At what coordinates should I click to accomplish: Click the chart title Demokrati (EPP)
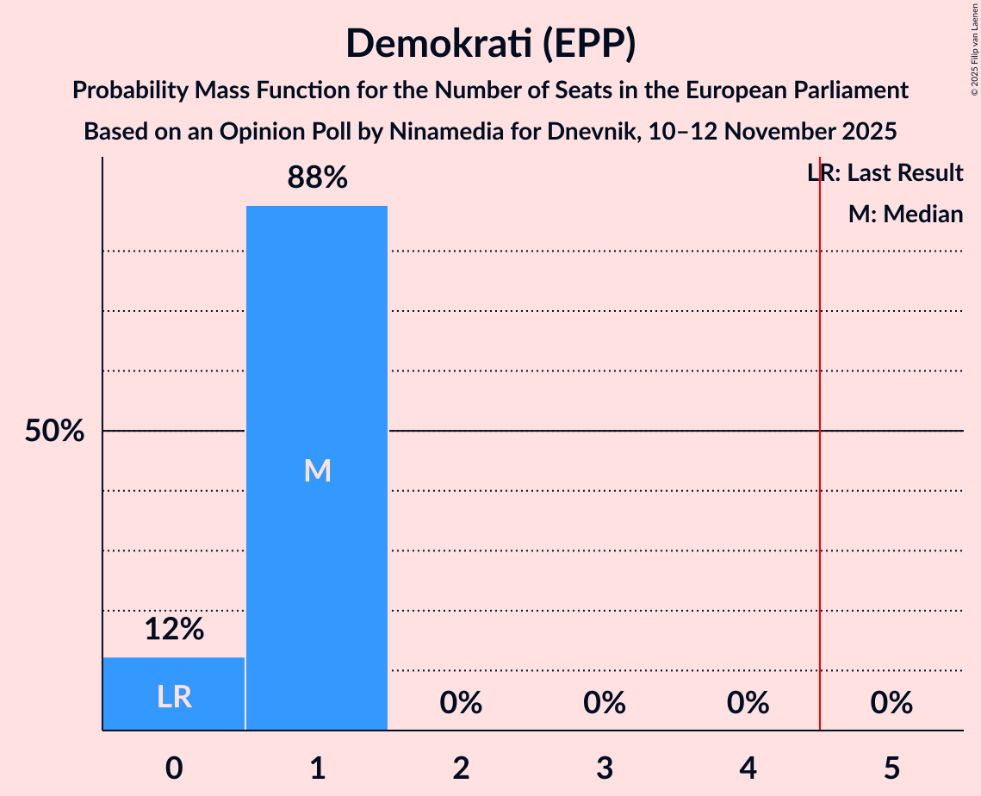490,44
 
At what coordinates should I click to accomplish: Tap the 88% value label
317,178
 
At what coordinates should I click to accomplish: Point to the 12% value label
174,630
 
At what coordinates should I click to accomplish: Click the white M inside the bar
317,470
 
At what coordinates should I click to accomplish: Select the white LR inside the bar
174,697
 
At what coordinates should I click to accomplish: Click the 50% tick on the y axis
54,432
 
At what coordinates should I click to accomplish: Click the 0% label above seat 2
461,704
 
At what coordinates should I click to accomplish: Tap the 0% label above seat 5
891,704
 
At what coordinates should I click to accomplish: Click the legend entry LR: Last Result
885,173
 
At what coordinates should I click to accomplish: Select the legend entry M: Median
905,215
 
